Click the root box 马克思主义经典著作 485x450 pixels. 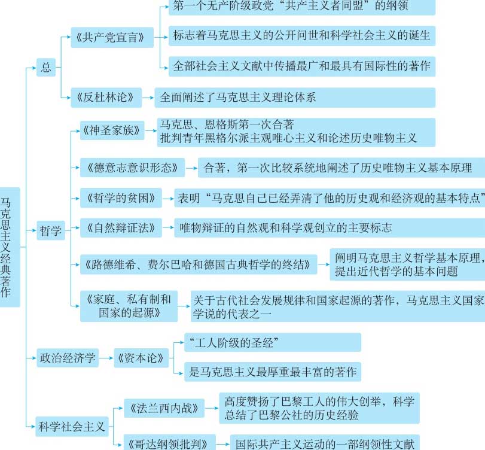tap(10, 247)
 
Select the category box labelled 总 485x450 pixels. tap(46, 67)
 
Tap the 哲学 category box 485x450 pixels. tap(51, 230)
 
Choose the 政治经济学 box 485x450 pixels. tap(68, 358)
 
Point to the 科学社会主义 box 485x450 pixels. tap(72, 427)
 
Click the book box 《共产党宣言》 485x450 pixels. tap(112, 37)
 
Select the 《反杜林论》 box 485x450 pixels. tap(106, 98)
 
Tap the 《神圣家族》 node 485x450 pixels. tap(112, 130)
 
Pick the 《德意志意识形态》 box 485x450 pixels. tap(132, 168)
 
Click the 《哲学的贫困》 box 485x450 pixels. tap(121, 197)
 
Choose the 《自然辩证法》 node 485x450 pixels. tap(121, 228)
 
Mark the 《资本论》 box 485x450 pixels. tap(141, 358)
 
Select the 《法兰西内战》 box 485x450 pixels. tap(164, 408)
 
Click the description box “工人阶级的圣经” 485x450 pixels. tap(273, 342)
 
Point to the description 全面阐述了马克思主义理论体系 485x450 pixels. tap(295, 98)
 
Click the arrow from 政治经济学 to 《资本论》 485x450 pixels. tap(106, 358)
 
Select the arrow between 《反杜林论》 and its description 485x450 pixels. tap(148, 98)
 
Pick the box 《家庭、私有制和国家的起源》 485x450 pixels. tap(129, 306)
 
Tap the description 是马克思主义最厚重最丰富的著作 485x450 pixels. tap(273, 372)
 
